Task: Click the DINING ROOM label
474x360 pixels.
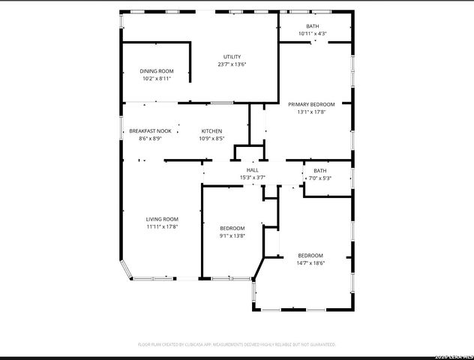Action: pos(156,71)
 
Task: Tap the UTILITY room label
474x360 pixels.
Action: pos(232,57)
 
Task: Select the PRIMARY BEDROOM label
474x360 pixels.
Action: pos(310,104)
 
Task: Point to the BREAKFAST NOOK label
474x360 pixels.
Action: pos(150,131)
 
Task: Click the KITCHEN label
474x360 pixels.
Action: pos(211,131)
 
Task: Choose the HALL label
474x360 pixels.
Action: pos(252,170)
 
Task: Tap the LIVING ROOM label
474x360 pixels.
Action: pos(161,219)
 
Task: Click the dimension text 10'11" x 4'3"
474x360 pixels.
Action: pos(312,34)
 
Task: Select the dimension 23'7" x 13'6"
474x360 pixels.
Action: pos(232,64)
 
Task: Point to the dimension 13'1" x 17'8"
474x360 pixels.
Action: pos(310,112)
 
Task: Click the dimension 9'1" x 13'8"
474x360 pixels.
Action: pos(232,236)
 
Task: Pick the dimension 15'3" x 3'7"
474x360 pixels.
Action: pos(252,178)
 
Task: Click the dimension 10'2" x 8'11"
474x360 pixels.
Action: pos(156,79)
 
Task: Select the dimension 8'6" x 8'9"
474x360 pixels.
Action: pos(150,139)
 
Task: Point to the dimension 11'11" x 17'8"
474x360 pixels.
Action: pos(161,226)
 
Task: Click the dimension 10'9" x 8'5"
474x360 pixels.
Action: pos(211,139)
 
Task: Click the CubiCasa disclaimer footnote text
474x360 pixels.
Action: pos(236,344)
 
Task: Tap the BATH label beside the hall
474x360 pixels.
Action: pos(319,170)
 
